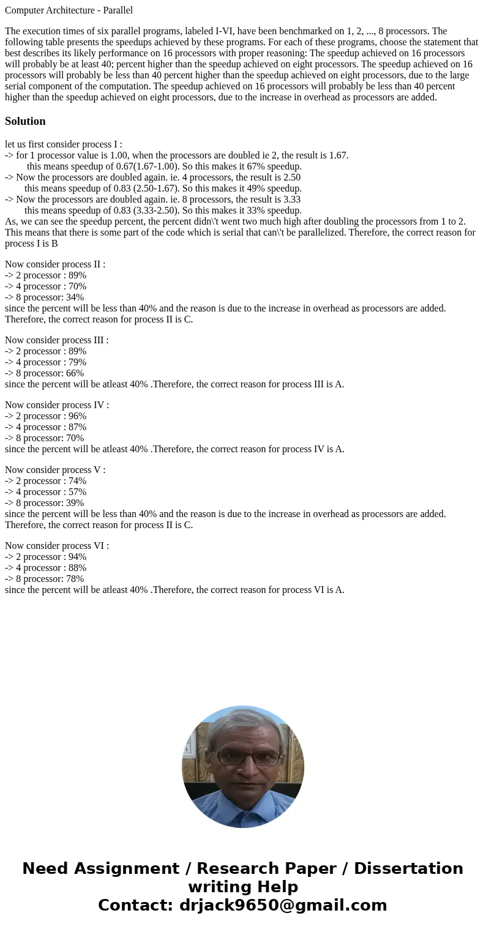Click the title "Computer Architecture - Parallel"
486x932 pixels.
click(x=69, y=10)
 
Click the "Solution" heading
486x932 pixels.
click(x=25, y=121)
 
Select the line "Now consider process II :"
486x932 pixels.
click(x=55, y=264)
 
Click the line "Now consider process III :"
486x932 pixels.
click(x=56, y=340)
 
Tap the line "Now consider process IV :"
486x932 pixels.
click(x=57, y=405)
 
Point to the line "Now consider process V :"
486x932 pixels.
click(x=55, y=470)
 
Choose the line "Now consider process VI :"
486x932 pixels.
click(x=57, y=546)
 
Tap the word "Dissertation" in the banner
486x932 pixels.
click(x=408, y=869)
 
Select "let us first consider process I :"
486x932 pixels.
click(x=64, y=144)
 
